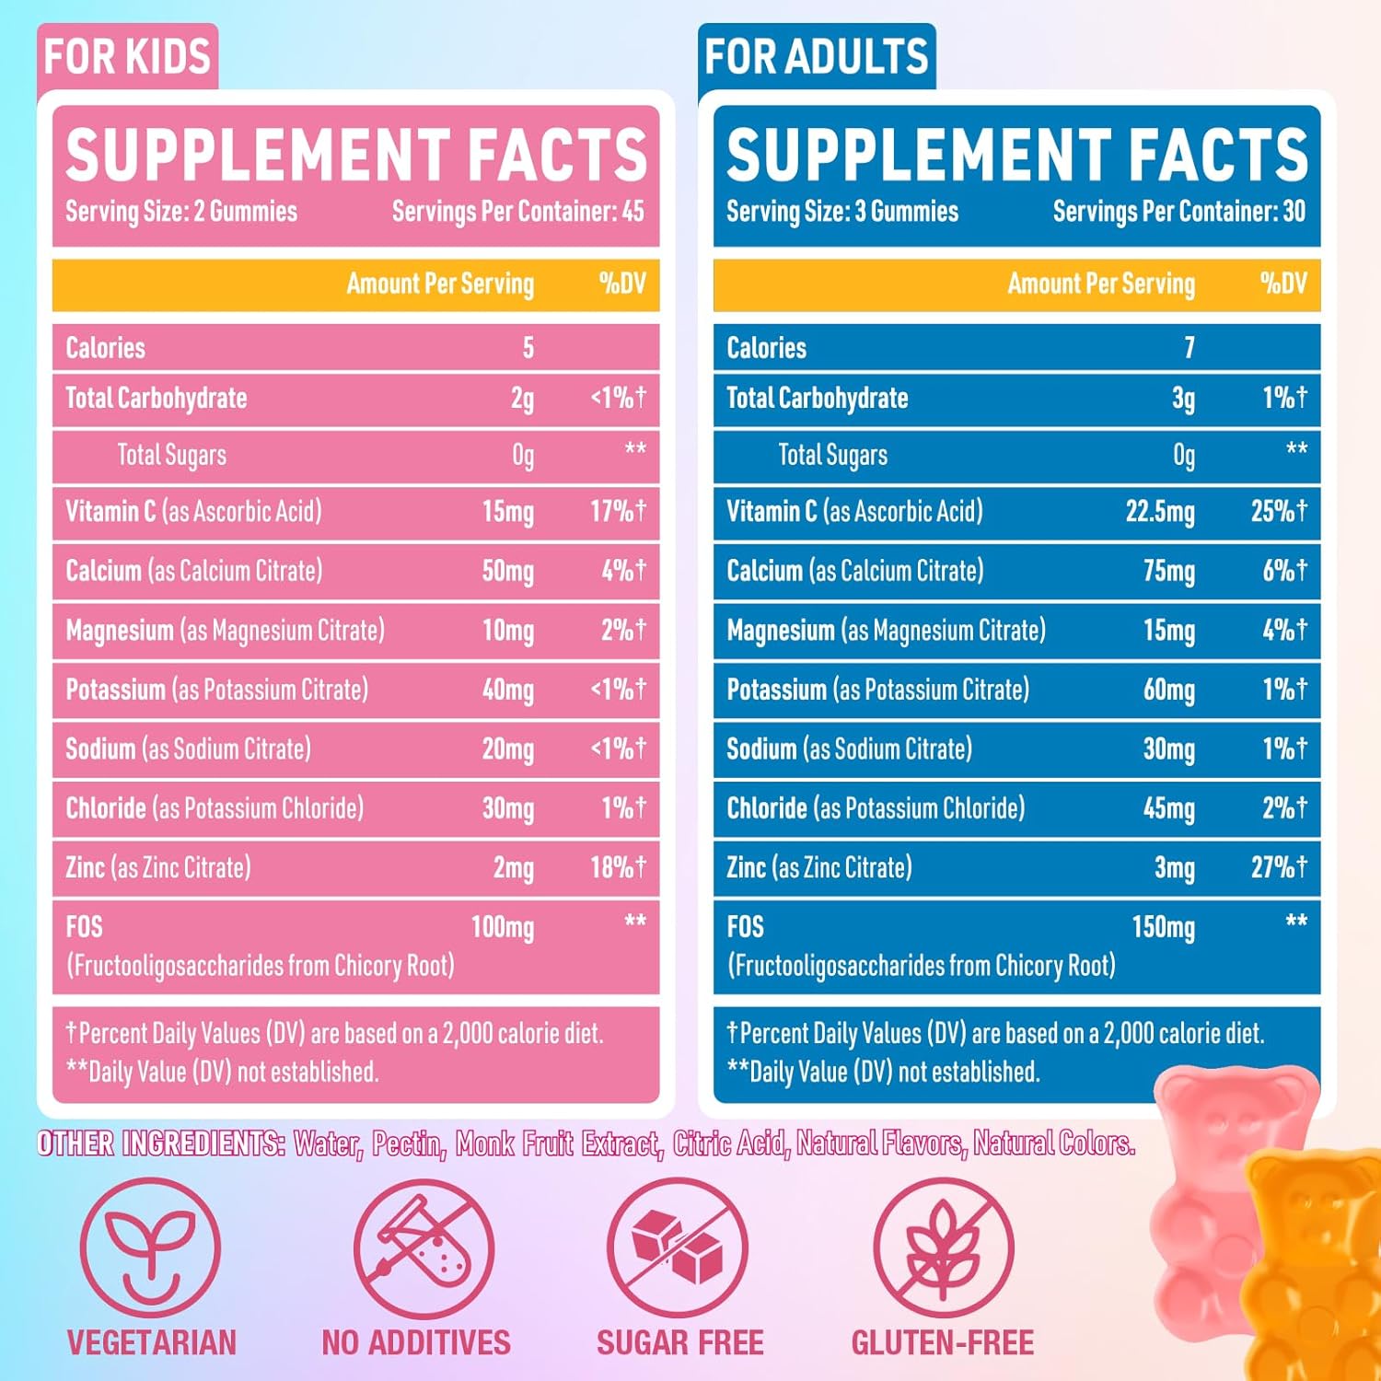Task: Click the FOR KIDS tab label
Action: coord(127,57)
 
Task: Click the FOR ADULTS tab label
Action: coord(816,57)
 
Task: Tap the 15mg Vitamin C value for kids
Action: coord(507,512)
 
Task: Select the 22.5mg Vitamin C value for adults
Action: coord(1159,512)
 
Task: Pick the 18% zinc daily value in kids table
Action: coord(618,867)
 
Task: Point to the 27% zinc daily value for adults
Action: coord(1279,867)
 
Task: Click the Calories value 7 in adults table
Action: coord(1189,348)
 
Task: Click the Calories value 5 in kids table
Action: coord(528,348)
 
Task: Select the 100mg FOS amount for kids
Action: coord(502,927)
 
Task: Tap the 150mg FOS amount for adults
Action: coord(1163,927)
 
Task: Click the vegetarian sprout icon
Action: coord(150,1248)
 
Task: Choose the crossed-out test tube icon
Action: coord(424,1248)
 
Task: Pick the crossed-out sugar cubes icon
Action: coord(679,1248)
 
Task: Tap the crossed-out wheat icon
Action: coord(943,1248)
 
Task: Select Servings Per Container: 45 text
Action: coord(517,212)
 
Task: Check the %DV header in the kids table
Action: coord(622,284)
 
